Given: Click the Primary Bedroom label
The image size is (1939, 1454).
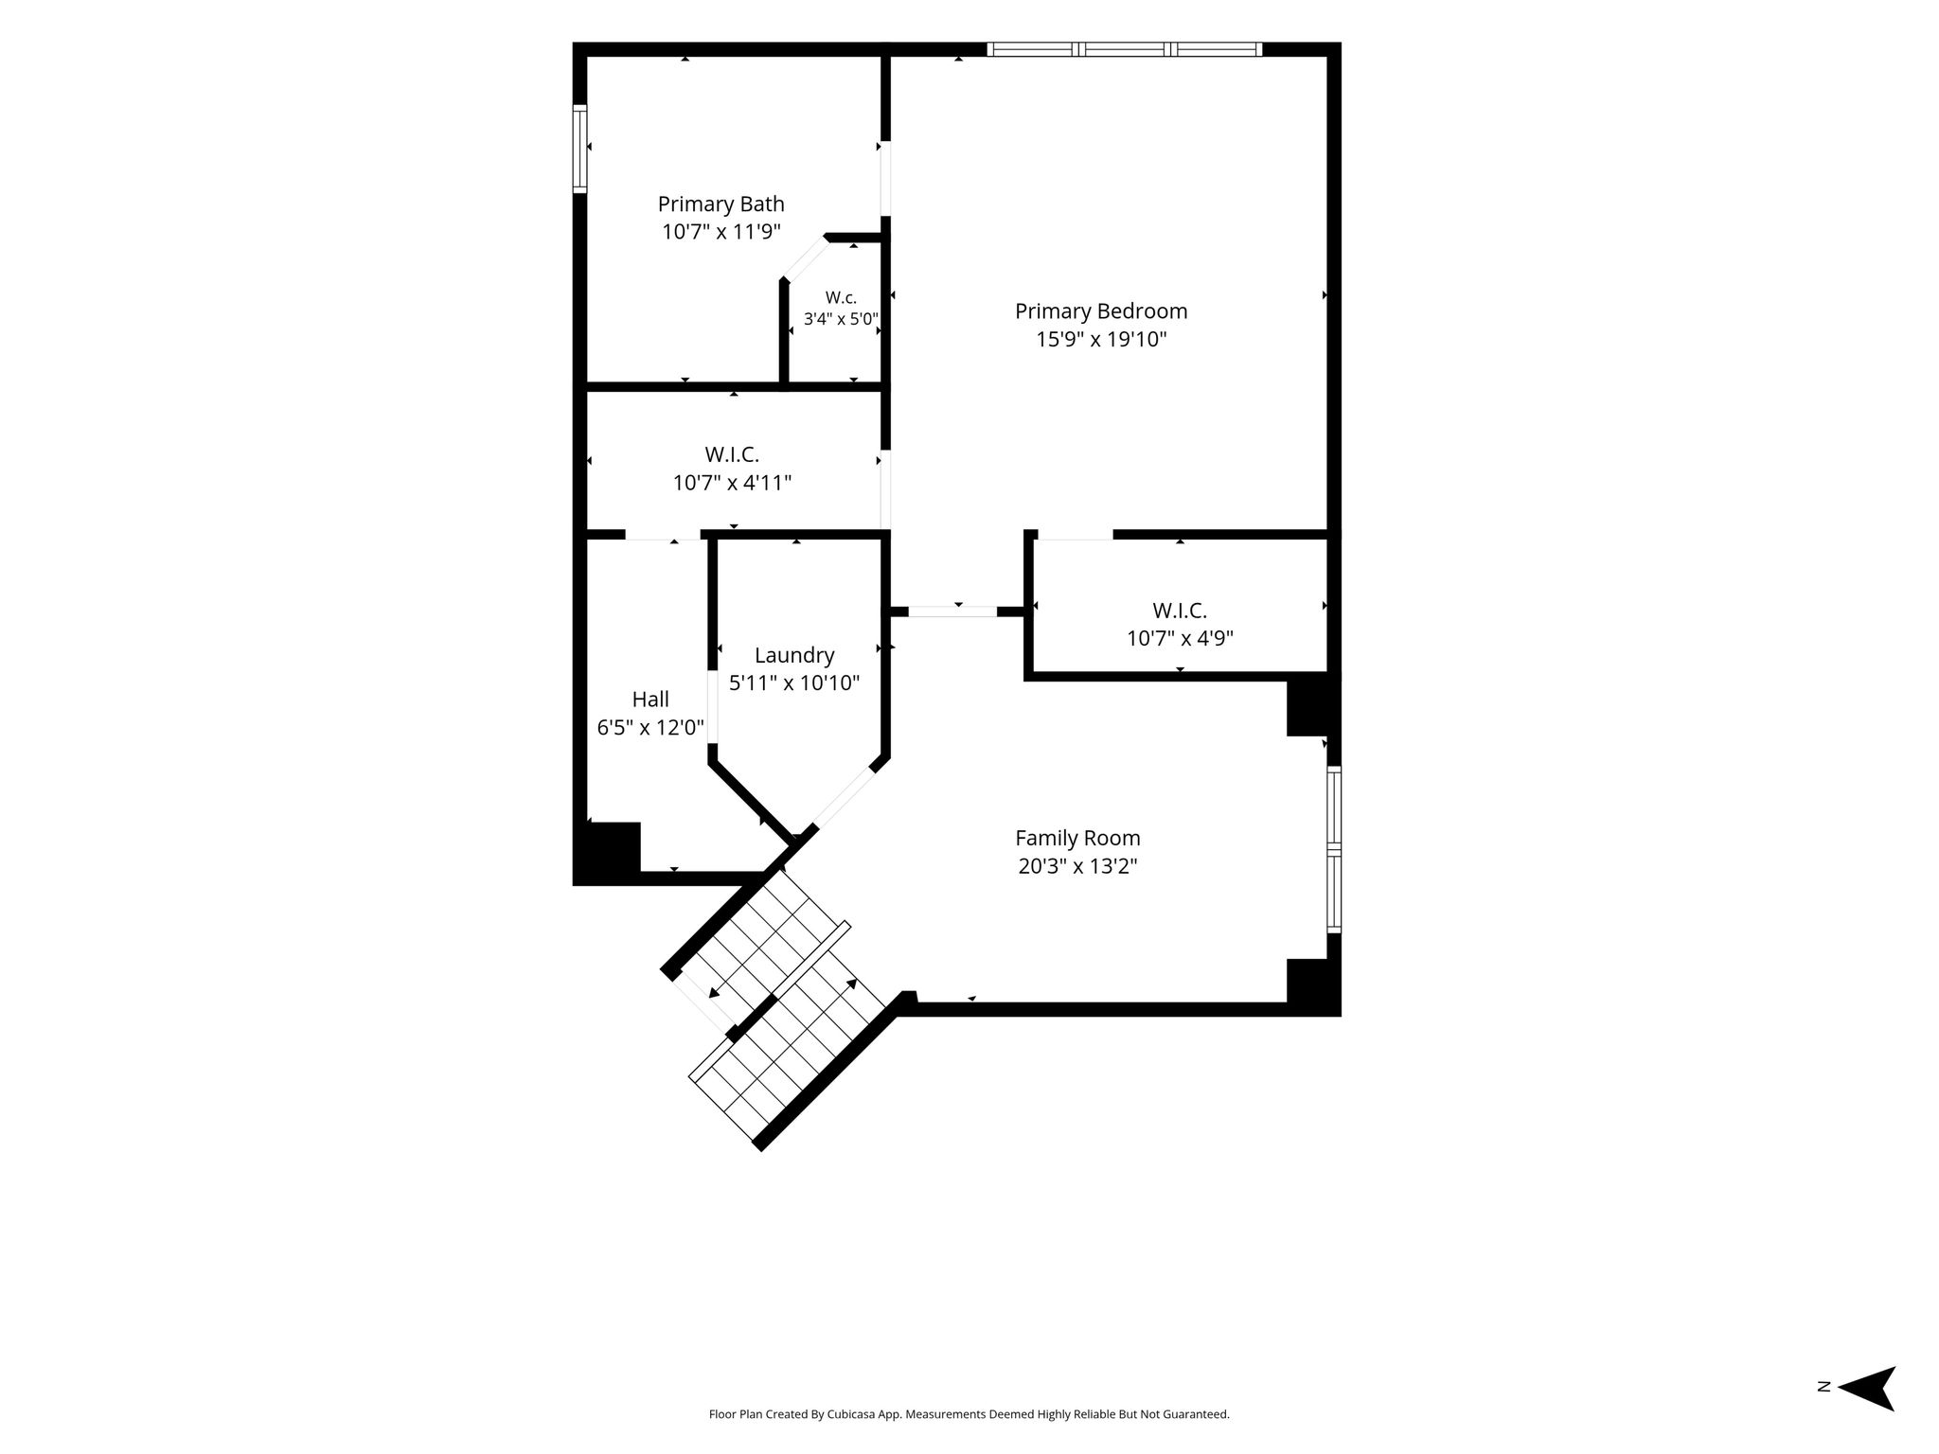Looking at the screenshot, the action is pos(1101,310).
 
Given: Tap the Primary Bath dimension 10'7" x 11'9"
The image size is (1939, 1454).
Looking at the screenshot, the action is pos(721,232).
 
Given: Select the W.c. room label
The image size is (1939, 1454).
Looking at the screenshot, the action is pos(841,297).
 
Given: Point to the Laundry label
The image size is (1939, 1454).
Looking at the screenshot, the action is pos(794,655).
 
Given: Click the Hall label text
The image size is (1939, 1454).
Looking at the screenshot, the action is pos(650,699).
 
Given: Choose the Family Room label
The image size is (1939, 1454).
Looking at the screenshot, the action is pos(1077,838).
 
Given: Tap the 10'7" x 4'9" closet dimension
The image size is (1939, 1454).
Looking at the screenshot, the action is pos(1180,638).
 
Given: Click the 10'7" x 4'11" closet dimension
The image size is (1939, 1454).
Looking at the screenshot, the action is pos(732,483).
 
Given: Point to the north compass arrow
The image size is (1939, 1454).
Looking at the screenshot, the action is pos(1866,1414).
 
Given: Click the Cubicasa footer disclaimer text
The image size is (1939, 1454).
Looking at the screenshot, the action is pos(969,1414).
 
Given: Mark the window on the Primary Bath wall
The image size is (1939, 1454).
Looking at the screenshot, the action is pos(579,150).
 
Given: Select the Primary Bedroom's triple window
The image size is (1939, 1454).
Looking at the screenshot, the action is pos(1125,49).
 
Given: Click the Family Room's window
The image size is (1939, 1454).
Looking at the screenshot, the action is pos(1334,850).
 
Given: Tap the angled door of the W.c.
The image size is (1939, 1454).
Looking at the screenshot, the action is pos(805,258).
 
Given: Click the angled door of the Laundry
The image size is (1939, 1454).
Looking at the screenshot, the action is pos(844,797).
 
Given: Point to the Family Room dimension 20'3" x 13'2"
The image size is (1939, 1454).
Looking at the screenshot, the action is pos(1077,866).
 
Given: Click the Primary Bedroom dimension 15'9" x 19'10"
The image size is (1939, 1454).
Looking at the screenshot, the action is pos(1101,339).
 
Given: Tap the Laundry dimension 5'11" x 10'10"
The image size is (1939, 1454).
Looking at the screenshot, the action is pos(794,683).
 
